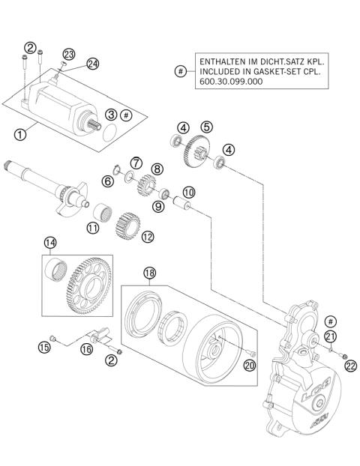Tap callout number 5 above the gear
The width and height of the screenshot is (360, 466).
point(206,127)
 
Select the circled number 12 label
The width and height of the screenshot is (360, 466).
point(147,237)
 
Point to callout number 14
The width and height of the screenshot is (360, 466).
point(49,243)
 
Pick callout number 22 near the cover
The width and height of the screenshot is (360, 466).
point(349,365)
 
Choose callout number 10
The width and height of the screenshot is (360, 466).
point(188,192)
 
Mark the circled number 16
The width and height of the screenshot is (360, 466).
point(86,348)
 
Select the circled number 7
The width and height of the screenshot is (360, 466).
point(136,162)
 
